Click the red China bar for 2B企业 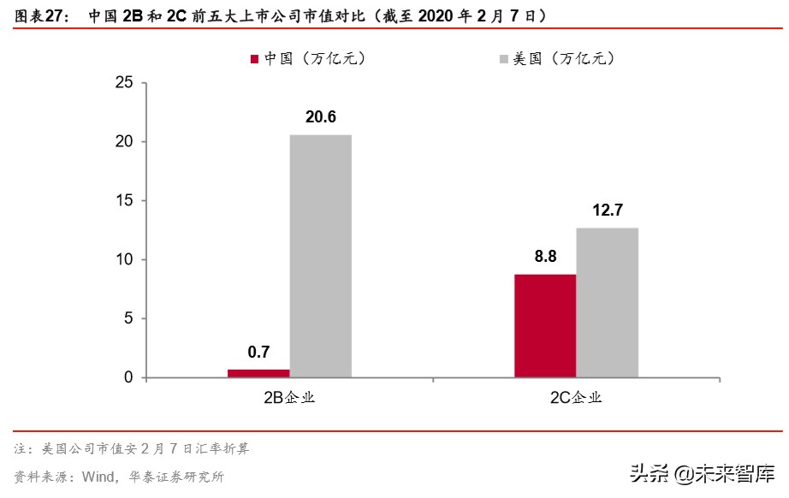[x=258, y=373]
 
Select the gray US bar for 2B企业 [x=320, y=256]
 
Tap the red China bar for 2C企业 [x=545, y=325]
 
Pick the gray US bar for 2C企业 [x=607, y=302]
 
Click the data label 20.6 [x=320, y=117]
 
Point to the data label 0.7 [x=258, y=352]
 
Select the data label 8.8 [x=545, y=256]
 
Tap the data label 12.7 [x=607, y=210]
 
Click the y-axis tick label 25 [x=124, y=83]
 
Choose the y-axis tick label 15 [x=124, y=201]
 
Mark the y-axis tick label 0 [x=128, y=377]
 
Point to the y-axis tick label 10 [x=124, y=260]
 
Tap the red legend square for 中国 [x=254, y=59]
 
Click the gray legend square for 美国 [x=502, y=59]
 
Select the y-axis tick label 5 [x=128, y=318]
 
